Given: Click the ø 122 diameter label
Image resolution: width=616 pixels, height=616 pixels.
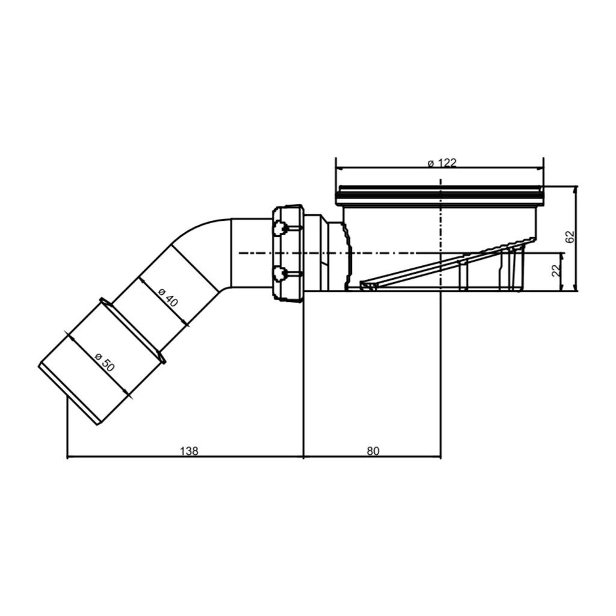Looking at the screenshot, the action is pos(442,162).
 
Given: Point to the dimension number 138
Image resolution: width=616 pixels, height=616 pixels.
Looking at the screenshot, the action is pos(189,451).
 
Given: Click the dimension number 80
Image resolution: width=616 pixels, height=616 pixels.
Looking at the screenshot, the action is pos(373,451).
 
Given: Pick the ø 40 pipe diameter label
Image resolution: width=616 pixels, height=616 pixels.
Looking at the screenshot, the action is pos(168,297).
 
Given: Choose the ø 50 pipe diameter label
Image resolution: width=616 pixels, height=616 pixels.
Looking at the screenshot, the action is pos(105,362).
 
